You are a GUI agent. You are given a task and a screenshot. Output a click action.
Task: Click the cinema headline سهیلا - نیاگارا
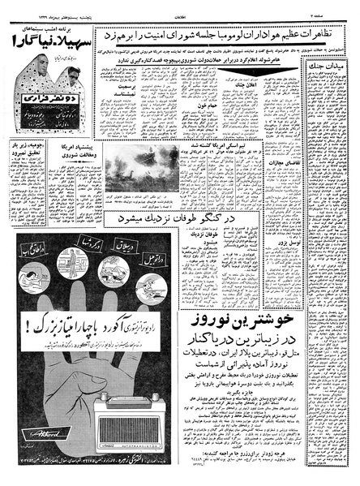[47, 40]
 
